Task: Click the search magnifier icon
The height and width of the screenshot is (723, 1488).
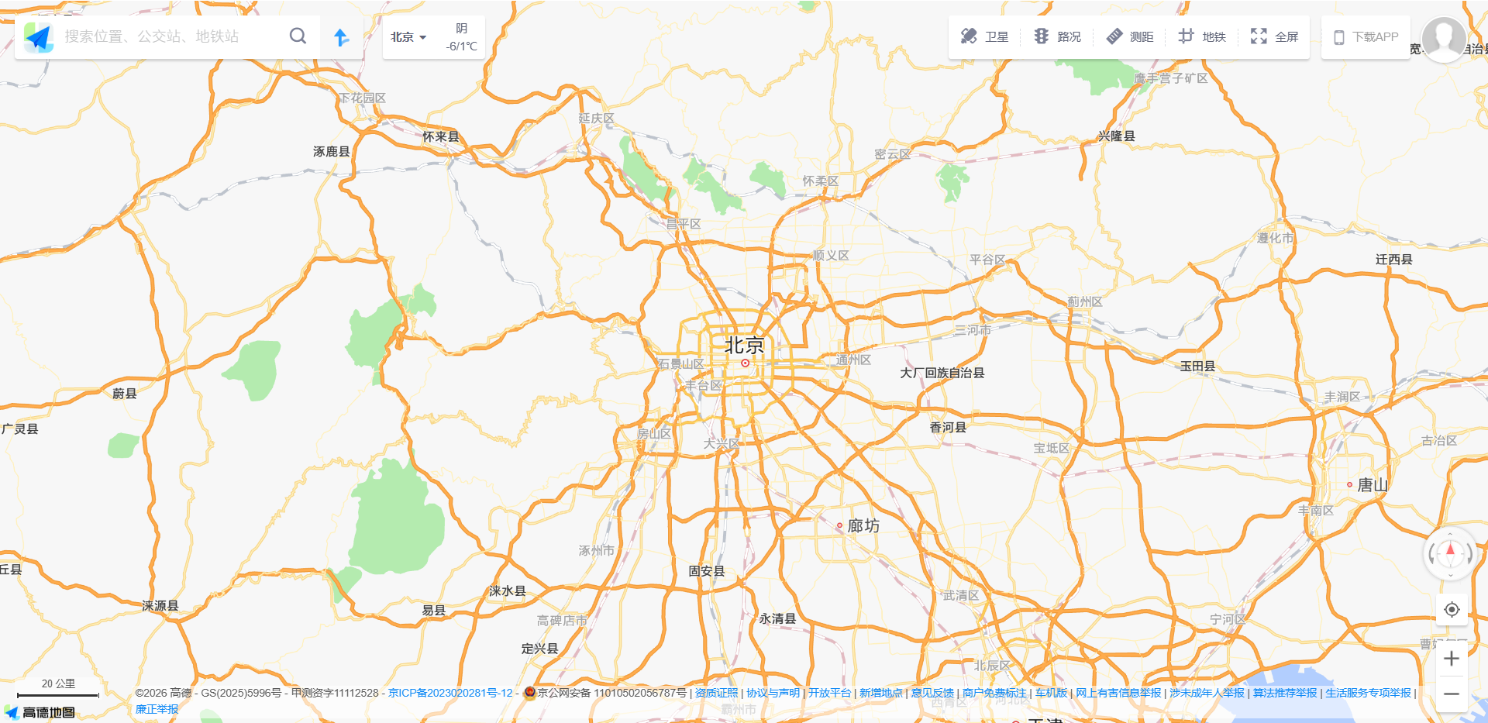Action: click(298, 36)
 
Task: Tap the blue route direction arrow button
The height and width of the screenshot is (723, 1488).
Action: click(341, 37)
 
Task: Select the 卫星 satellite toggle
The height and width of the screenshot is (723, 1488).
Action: click(984, 36)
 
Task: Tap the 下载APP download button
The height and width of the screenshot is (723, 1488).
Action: click(1366, 37)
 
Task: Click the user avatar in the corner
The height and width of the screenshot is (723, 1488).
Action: click(1443, 38)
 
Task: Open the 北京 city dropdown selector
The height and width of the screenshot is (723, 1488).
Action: click(408, 37)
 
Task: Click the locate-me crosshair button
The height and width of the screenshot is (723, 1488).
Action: click(1452, 610)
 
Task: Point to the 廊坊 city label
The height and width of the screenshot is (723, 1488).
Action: click(863, 526)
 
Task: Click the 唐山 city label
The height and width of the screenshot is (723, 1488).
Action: click(1372, 485)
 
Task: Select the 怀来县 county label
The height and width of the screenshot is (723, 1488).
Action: click(440, 136)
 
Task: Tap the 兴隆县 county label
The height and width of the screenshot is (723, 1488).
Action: click(1116, 136)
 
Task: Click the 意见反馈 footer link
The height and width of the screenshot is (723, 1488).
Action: click(932, 693)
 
